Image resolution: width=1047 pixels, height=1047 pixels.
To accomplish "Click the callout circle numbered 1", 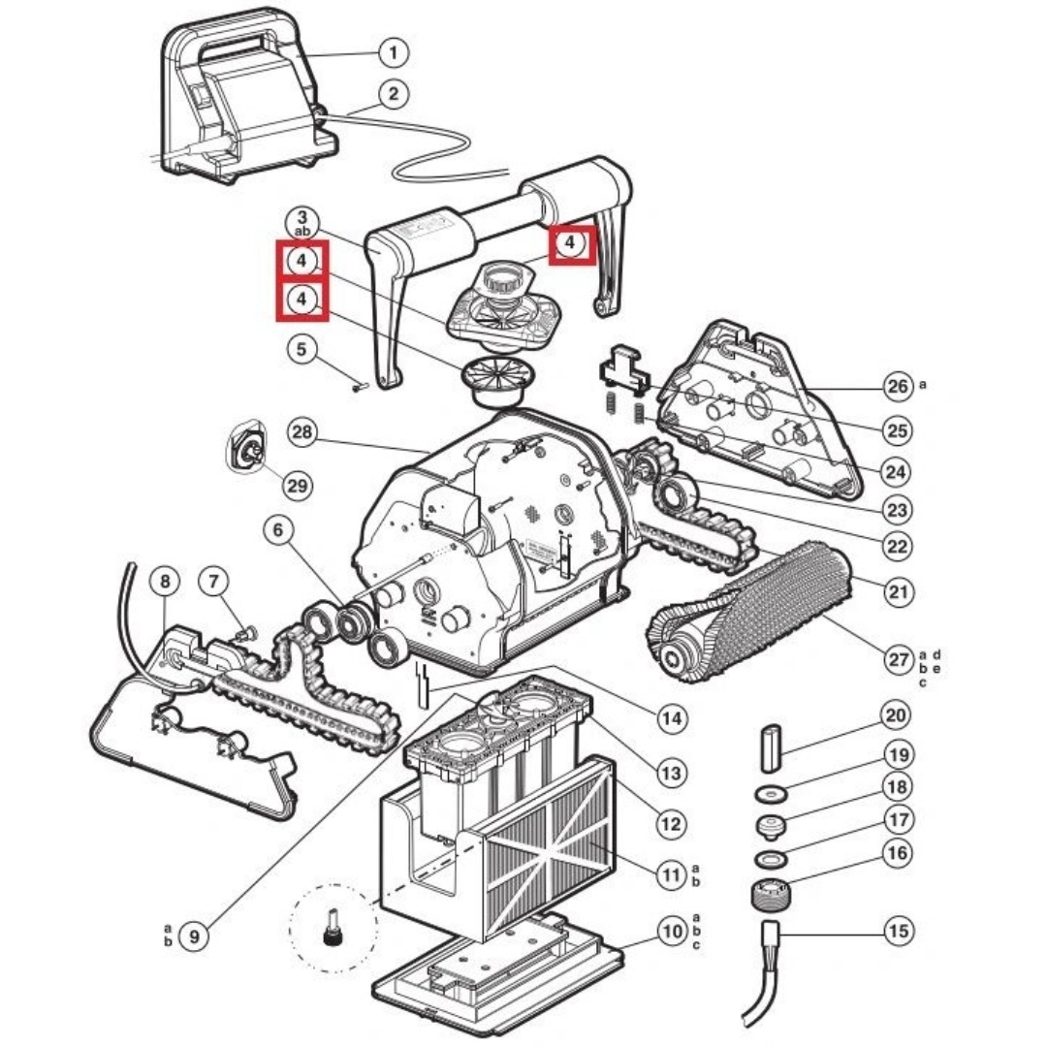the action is point(394,52).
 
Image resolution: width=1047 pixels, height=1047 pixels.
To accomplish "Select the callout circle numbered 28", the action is point(302,432).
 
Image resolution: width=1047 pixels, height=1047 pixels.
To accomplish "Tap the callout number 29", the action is point(298,485).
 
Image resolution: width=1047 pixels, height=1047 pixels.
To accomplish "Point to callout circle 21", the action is point(899,591).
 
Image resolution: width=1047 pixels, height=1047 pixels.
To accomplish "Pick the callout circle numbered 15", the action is point(899,930).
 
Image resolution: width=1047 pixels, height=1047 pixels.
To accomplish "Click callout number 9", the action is point(194,936).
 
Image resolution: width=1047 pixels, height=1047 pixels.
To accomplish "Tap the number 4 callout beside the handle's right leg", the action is point(570,243).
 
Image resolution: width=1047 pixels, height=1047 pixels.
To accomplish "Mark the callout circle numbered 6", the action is point(278,530).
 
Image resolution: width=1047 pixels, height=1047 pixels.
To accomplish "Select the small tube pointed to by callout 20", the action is point(772,739).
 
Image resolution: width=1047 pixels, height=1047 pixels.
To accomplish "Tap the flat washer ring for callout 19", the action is point(772,795).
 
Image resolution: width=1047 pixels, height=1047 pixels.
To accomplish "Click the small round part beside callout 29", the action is point(248,446).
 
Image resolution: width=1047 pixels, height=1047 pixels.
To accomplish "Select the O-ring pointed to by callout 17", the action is point(772,857).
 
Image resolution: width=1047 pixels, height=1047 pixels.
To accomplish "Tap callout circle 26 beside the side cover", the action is point(898,386).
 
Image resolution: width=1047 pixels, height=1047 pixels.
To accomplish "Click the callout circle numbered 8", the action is point(165,581).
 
